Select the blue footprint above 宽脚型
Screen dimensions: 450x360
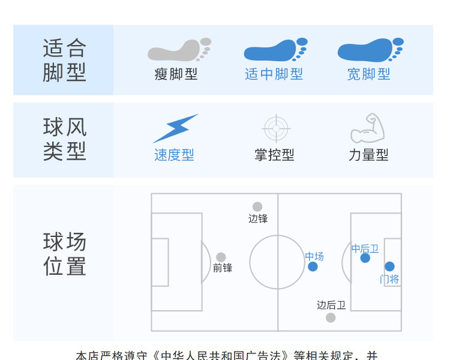click(368, 50)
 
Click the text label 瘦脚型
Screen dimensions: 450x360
click(176, 74)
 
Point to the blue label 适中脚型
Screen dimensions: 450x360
click(274, 74)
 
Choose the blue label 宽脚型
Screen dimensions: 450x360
click(368, 74)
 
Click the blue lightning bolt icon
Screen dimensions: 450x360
click(175, 128)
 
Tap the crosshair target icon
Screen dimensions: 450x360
click(277, 128)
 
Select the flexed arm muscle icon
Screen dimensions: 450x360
click(367, 127)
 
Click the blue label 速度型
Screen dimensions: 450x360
click(174, 155)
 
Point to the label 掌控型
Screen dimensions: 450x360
click(274, 155)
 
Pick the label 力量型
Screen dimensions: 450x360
click(368, 155)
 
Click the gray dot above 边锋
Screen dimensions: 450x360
click(257, 207)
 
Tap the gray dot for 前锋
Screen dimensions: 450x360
click(221, 257)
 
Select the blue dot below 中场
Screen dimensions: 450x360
click(313, 266)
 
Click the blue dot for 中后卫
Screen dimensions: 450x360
click(365, 258)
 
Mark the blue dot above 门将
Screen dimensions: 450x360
click(389, 266)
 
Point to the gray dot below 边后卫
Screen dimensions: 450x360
click(331, 317)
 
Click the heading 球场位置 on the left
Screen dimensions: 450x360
click(65, 254)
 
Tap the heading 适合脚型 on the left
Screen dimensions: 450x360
click(65, 60)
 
